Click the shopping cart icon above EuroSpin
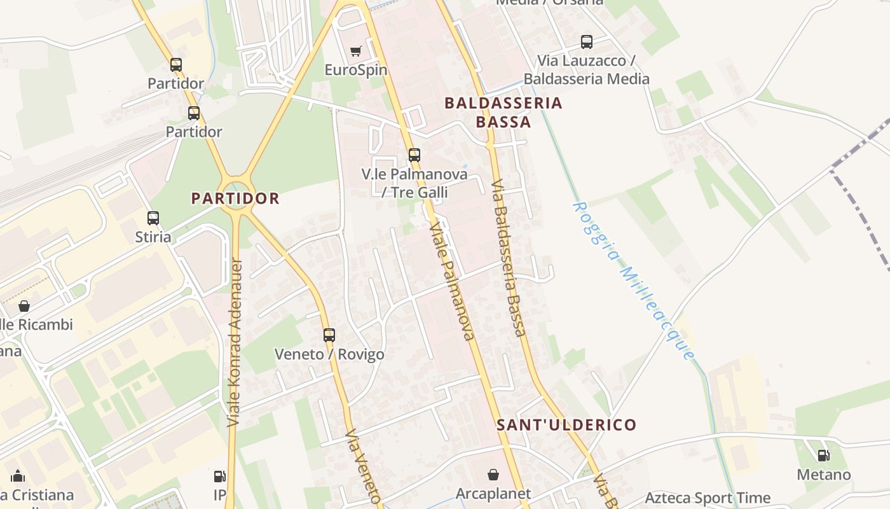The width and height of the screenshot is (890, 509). point(356,51)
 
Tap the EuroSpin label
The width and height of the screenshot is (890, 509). point(356,69)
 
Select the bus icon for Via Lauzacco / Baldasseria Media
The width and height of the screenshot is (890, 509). point(586,42)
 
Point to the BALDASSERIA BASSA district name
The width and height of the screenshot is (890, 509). point(503,112)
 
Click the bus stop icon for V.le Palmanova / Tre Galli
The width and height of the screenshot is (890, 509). point(414,155)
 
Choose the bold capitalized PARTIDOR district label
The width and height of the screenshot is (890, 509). point(235,198)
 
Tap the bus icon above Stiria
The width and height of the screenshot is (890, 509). point(153,218)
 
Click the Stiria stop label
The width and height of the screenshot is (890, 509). point(153,237)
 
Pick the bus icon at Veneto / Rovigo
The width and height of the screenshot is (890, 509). point(329,335)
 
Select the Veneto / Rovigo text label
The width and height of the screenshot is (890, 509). point(329,354)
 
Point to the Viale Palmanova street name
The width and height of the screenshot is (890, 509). point(452,281)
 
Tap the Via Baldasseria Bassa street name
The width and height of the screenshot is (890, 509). point(509,257)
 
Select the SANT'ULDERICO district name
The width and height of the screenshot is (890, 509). point(566,424)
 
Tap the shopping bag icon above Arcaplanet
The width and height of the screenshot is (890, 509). point(493,475)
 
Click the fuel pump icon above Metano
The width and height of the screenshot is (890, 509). point(823,456)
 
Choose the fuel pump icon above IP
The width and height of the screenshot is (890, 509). point(219,476)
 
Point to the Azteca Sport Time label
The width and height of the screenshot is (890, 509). point(708,498)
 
